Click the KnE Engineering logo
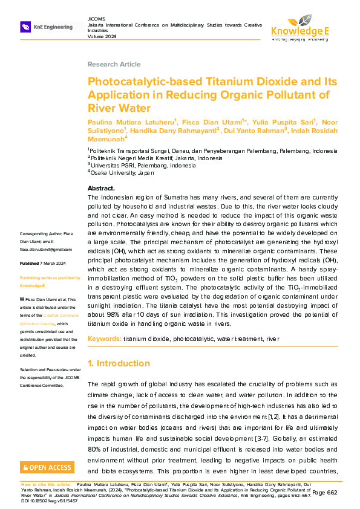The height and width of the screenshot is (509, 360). pyautogui.click(x=47, y=27)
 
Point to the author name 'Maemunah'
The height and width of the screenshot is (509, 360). pyautogui.click(x=105, y=138)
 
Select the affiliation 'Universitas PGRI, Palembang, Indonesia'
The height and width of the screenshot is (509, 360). pyautogui.click(x=143, y=165)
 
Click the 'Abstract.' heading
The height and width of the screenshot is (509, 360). pyautogui.click(x=102, y=189)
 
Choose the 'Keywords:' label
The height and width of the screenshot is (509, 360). pyautogui.click(x=105, y=339)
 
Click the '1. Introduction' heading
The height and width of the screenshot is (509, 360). pyautogui.click(x=120, y=364)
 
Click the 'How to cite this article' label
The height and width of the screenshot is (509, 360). pyautogui.click(x=46, y=485)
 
